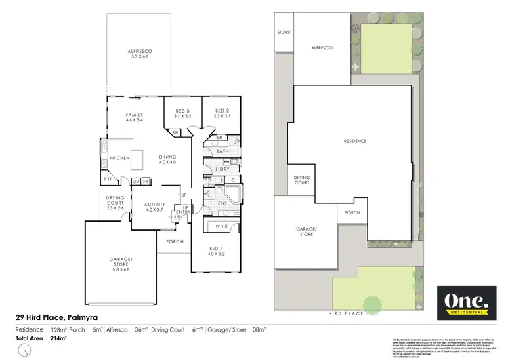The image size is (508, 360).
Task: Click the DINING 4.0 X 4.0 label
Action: [167, 158]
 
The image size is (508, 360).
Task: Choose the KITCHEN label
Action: [119, 158]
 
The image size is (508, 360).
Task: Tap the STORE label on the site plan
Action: [282, 31]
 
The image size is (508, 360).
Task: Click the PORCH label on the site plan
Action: [352, 212]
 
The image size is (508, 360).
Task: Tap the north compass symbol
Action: [25, 351]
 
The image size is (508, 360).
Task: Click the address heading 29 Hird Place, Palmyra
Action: [59, 317]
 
